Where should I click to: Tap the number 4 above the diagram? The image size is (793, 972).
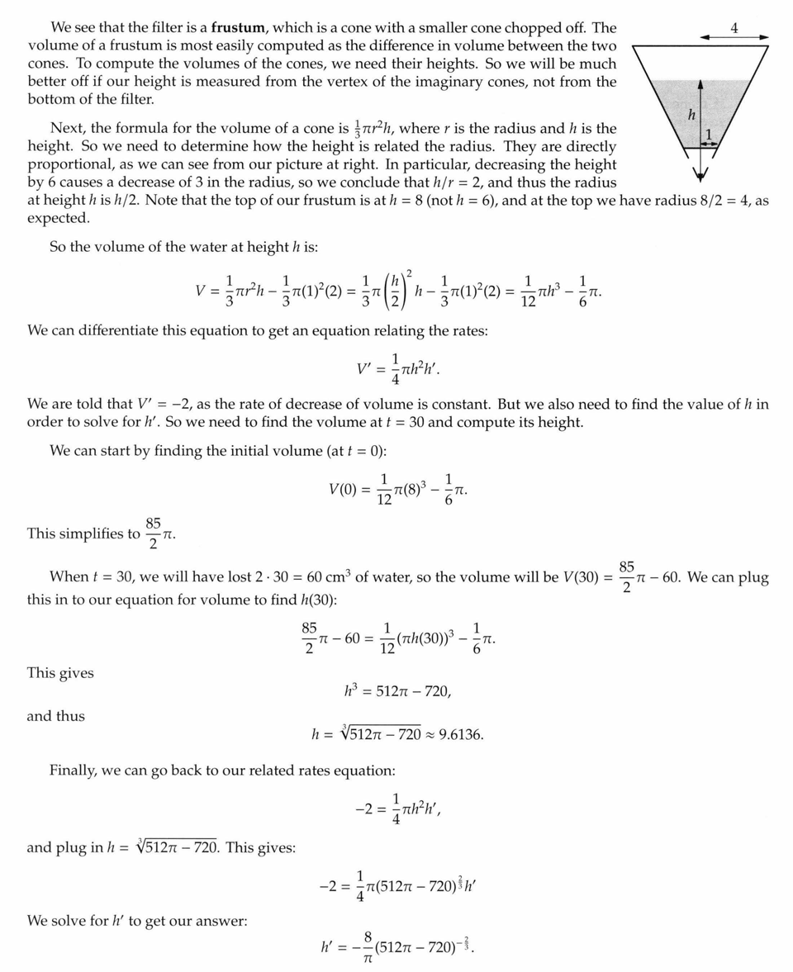tap(734, 28)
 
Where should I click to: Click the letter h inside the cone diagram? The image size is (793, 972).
tap(691, 114)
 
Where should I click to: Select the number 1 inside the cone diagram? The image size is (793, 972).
tap(708, 135)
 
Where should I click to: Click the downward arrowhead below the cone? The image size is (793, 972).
tap(700, 174)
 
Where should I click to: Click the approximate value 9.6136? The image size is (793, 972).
tap(461, 734)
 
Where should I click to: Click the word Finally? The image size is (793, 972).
tap(73, 770)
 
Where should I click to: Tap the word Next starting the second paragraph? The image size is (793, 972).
tap(67, 128)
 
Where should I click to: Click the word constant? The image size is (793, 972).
tap(474, 404)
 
